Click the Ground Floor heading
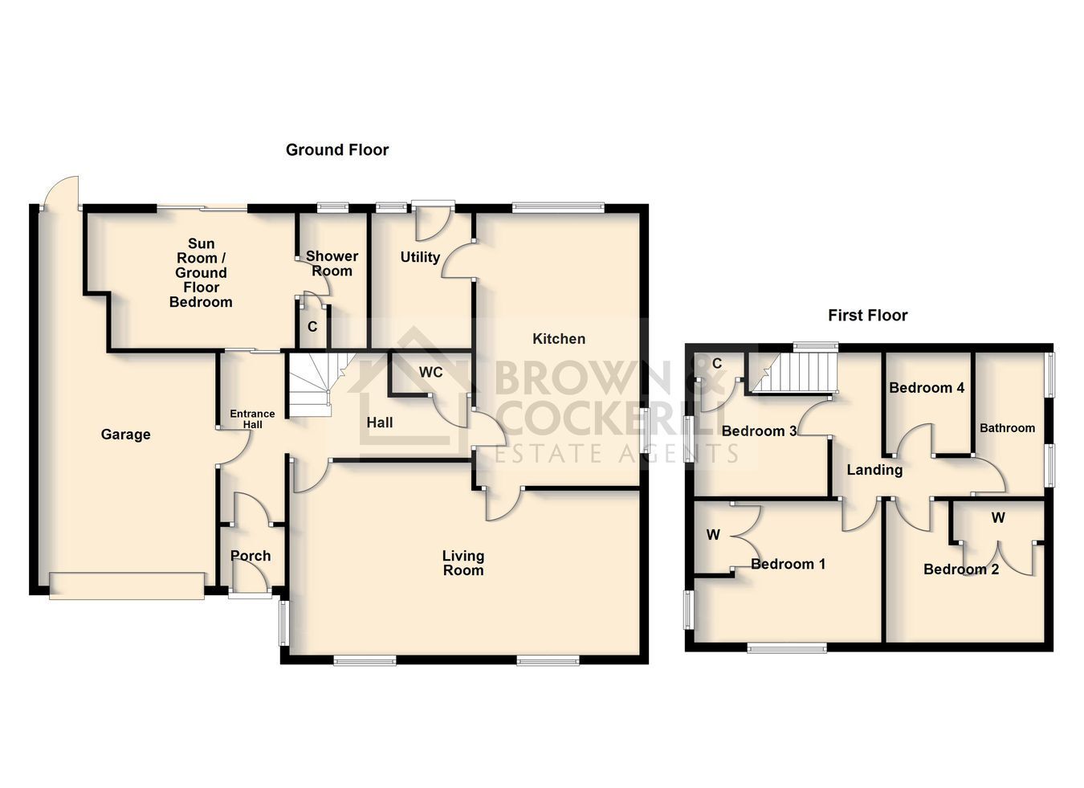click(x=337, y=150)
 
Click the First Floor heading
click(x=868, y=316)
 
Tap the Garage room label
click(x=126, y=435)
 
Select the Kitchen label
click(x=559, y=339)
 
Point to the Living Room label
click(x=463, y=563)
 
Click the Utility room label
click(x=420, y=257)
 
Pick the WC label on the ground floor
click(x=430, y=372)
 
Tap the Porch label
click(x=251, y=555)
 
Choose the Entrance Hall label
click(x=252, y=419)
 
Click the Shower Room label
click(x=332, y=263)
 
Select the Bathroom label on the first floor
click(x=1008, y=428)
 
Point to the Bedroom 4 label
click(x=927, y=388)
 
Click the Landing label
click(x=874, y=470)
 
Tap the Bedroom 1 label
click(x=788, y=564)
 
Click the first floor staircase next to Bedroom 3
click(x=795, y=373)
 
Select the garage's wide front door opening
click(x=127, y=586)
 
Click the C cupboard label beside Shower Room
click(x=312, y=327)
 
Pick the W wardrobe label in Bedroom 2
click(x=998, y=518)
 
